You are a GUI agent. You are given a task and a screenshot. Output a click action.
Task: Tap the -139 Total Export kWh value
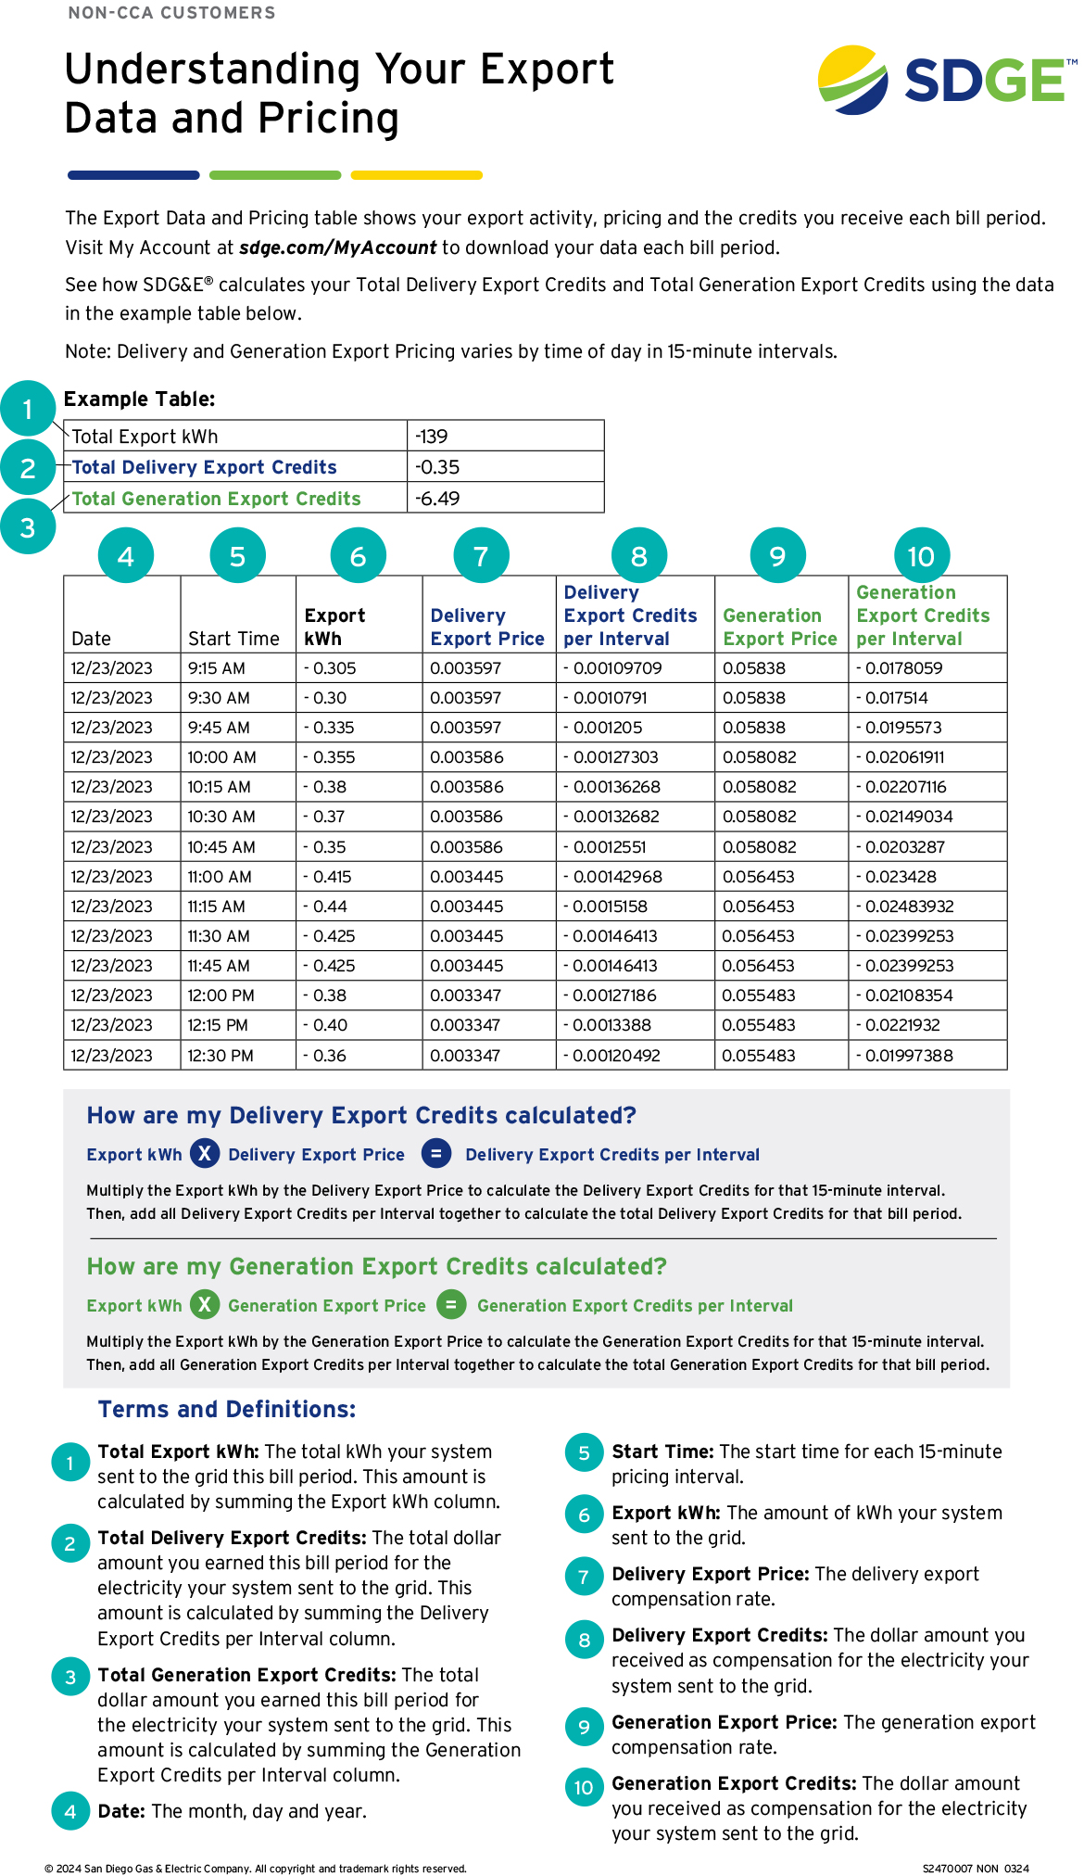pos(432,437)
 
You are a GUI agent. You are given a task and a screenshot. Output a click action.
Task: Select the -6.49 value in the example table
pos(437,499)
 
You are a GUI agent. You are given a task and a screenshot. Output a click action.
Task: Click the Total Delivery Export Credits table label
pos(204,468)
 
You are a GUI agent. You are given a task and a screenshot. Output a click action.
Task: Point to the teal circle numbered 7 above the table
pos(481,556)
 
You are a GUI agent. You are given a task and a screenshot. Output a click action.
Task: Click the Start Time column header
pos(233,639)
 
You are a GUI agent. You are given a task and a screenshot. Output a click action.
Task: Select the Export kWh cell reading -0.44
pos(324,906)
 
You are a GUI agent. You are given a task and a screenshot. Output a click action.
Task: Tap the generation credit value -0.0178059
pos(903,668)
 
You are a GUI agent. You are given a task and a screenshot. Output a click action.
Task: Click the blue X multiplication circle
pos(205,1154)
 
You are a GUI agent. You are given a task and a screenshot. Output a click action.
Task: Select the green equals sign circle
pos(451,1305)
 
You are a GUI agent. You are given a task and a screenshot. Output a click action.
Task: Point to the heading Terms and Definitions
pos(227,1410)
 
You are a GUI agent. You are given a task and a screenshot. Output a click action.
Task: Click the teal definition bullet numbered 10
pos(584,1788)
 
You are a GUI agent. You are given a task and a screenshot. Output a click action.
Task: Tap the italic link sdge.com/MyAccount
pos(337,247)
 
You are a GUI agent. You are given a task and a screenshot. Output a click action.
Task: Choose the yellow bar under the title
pos(417,175)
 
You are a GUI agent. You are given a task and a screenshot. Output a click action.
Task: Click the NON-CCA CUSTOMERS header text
pos(171,13)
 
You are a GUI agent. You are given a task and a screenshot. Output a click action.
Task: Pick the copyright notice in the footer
pos(256,1869)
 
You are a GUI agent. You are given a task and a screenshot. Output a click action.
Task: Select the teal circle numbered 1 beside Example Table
pos(28,409)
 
